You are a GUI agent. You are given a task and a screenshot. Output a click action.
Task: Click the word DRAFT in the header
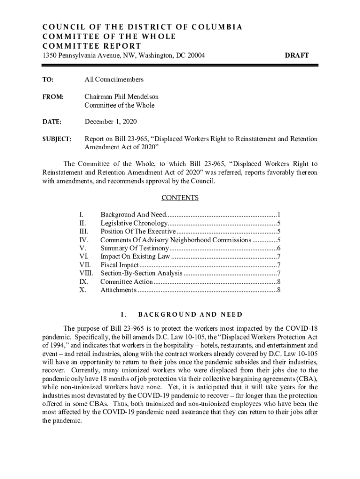296,55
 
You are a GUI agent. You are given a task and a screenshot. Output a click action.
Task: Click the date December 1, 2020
110,122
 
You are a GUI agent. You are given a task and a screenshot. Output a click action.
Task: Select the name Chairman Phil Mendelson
121,97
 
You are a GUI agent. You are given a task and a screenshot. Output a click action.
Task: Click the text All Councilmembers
114,80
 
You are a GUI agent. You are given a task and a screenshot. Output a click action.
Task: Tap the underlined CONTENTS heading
180,198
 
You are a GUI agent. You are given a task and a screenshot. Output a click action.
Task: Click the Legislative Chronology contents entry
134,223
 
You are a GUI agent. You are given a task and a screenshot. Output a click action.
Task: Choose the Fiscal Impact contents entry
120,265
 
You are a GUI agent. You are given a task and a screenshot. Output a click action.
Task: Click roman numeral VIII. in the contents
86,273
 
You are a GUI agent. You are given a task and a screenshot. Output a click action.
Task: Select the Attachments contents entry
118,290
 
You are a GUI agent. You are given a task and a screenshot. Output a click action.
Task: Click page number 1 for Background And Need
278,215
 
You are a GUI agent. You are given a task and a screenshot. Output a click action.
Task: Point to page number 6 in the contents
278,248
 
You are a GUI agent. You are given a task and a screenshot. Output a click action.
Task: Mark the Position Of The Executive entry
138,232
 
